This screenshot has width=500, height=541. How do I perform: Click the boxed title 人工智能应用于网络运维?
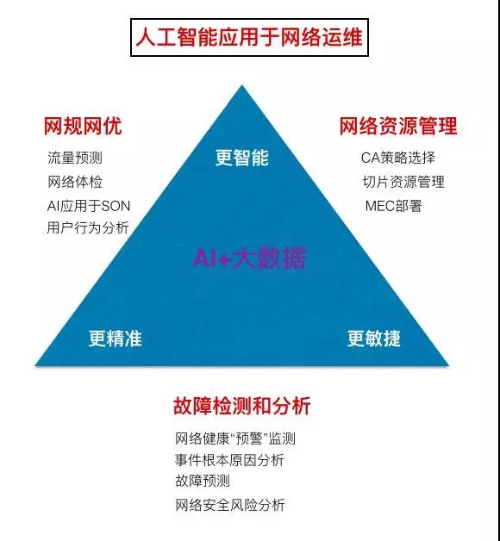(x=249, y=37)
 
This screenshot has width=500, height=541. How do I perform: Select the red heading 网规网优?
(x=83, y=126)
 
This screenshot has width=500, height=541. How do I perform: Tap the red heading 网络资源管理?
(x=398, y=126)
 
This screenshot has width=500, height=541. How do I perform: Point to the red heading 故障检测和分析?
(x=241, y=406)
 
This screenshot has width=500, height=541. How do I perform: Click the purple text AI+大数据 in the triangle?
(x=249, y=258)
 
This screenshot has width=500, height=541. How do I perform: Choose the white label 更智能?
(x=241, y=158)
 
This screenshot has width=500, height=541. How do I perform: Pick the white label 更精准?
(x=116, y=339)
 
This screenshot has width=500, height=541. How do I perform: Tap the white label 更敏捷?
(x=374, y=339)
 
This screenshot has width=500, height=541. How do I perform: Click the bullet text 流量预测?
(x=75, y=158)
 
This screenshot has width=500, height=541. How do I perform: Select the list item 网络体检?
(x=75, y=182)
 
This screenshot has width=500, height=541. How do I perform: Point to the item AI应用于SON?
(x=89, y=206)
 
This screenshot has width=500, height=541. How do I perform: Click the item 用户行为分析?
(x=88, y=227)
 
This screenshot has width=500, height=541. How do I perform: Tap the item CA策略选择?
(x=397, y=158)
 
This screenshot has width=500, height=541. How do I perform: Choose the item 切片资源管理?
(x=403, y=182)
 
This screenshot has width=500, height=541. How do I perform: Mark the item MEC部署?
(x=394, y=206)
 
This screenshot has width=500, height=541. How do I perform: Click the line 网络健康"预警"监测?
(x=235, y=438)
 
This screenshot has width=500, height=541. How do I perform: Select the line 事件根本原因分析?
(x=229, y=460)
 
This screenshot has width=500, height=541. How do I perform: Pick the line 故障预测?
(x=203, y=481)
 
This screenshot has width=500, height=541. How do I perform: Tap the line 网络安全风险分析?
(x=230, y=505)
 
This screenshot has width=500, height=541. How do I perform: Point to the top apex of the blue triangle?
(x=241, y=85)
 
